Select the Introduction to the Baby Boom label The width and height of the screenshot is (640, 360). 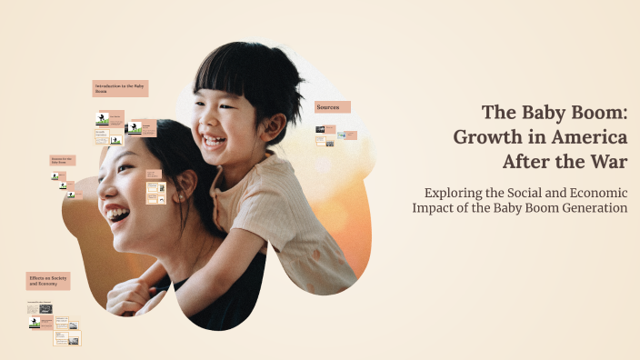pyautogui.click(x=120, y=88)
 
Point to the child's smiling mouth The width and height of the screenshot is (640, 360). pyautogui.click(x=215, y=141)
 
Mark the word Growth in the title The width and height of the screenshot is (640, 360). pyautogui.click(x=488, y=136)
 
